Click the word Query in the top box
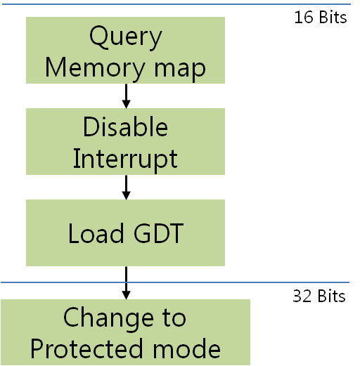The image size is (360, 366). pyautogui.click(x=125, y=37)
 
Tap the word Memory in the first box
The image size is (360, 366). pyautogui.click(x=90, y=67)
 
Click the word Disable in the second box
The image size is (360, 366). pyautogui.click(x=125, y=127)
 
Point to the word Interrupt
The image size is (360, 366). pyautogui.click(x=125, y=158)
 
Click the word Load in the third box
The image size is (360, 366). pyautogui.click(x=94, y=233)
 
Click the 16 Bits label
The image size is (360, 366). pyautogui.click(x=320, y=18)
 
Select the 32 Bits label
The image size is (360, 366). pyautogui.click(x=319, y=296)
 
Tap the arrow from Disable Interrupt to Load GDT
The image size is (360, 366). pyautogui.click(x=126, y=185)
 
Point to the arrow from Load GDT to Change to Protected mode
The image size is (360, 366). pyautogui.click(x=126, y=282)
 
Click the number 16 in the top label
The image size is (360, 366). pyautogui.click(x=302, y=18)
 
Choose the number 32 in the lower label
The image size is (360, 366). pyautogui.click(x=301, y=296)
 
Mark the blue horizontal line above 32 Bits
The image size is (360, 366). pyautogui.click(x=211, y=283)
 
